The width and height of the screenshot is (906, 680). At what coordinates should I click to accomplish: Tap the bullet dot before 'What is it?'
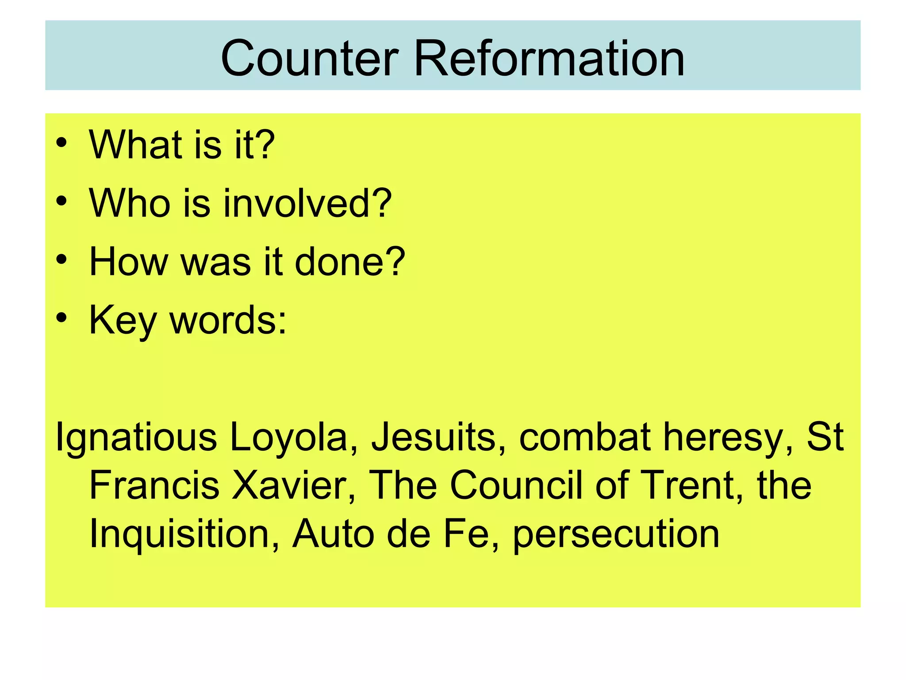[x=61, y=143]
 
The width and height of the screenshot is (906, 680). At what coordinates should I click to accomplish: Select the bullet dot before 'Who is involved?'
[x=61, y=201]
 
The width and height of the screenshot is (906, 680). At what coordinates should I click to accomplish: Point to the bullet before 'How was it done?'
[x=61, y=260]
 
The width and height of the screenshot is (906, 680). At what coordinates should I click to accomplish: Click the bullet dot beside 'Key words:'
[x=61, y=318]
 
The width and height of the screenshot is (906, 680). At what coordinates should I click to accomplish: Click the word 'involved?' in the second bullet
[x=307, y=203]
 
